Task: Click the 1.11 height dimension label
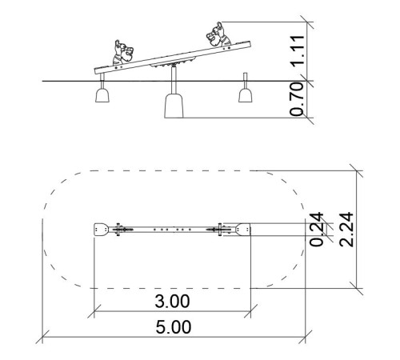pyautogui.click(x=298, y=50)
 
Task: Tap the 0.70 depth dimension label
pyautogui.click(x=297, y=99)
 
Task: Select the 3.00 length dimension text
pyautogui.click(x=172, y=301)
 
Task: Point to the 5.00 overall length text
pyautogui.click(x=174, y=327)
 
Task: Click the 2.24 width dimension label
pyautogui.click(x=346, y=230)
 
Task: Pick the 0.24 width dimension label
pyautogui.click(x=317, y=230)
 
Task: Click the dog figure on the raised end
pyautogui.click(x=218, y=34)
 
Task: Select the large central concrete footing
pyautogui.click(x=174, y=106)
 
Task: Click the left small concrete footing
pyautogui.click(x=102, y=95)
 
